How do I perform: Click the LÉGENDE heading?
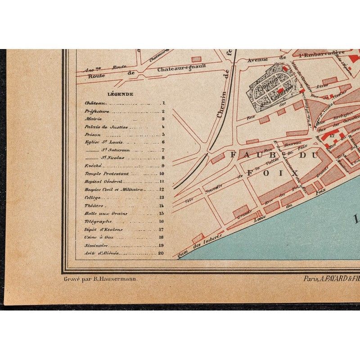click(120, 94)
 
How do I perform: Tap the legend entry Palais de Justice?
click(99, 127)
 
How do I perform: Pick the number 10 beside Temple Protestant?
click(162, 173)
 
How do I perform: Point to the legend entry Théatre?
click(93, 205)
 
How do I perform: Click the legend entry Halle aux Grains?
click(99, 213)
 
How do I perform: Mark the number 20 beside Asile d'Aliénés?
click(161, 253)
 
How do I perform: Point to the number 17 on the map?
click(332, 134)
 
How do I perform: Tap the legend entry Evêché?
click(92, 166)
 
